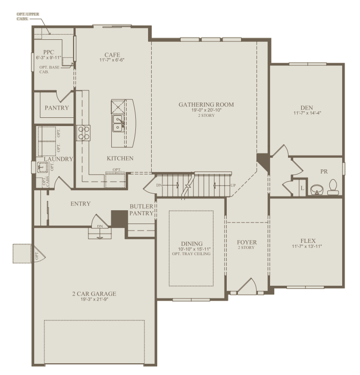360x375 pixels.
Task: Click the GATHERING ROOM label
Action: pos(206,105)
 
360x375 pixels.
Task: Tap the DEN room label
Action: pos(306,107)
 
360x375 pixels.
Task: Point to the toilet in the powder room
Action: pos(333,187)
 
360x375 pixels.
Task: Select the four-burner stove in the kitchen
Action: pos(83,133)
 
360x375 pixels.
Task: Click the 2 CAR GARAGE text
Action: pos(94,293)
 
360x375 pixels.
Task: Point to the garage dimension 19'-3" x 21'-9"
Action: pos(94,299)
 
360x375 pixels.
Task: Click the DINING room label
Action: pos(191,243)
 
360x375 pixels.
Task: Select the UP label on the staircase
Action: pos(233,185)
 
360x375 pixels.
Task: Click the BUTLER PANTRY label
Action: pos(141,210)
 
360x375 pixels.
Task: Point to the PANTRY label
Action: pos(57,108)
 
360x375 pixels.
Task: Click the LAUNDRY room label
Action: pos(58,159)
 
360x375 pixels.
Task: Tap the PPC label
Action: pos(49,52)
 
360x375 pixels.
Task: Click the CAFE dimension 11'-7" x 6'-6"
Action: pos(112,60)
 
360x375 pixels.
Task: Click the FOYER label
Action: pos(247,242)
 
